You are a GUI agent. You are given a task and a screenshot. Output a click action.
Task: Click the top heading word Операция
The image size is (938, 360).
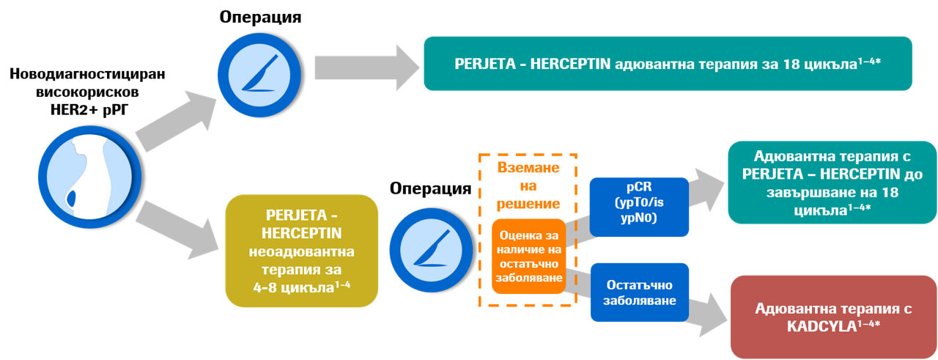261,17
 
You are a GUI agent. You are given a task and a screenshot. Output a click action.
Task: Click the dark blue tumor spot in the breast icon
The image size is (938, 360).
71,199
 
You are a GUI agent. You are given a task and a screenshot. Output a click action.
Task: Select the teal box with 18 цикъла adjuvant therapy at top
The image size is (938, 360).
667,64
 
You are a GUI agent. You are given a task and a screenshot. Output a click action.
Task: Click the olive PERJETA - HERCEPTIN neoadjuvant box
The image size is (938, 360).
301,250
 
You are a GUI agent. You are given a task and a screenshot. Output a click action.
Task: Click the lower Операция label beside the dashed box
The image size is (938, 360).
430,188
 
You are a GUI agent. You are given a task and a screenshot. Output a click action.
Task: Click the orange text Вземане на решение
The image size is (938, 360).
528,185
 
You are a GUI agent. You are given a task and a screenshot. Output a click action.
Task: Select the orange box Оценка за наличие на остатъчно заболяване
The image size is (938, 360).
528,256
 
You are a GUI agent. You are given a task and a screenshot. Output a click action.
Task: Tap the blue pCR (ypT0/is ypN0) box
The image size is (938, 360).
639,207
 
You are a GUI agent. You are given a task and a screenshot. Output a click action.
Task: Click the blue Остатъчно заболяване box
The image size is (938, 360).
639,292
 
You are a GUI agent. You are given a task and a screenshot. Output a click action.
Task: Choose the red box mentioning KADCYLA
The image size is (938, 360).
834,317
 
